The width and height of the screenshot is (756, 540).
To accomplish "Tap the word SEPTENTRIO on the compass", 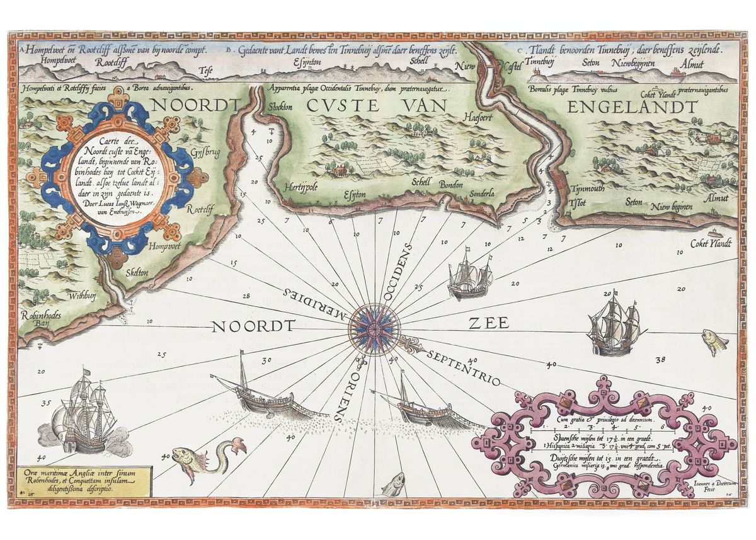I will coord(463,367).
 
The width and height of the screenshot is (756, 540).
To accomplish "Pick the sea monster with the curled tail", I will coord(208,457).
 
